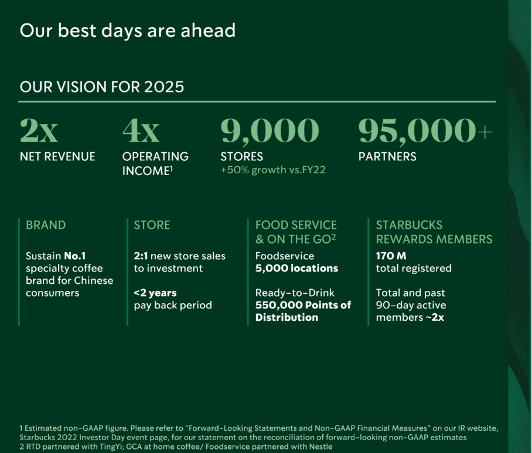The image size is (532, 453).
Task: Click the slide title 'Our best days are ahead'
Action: pos(128,31)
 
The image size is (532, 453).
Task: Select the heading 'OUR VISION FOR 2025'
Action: pos(102,87)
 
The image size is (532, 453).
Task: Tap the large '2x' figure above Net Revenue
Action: pos(39,131)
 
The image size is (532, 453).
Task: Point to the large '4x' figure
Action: pos(141,131)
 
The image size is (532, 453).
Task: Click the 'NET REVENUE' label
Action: pos(57,156)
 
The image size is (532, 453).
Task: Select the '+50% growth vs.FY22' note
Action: pos(273,170)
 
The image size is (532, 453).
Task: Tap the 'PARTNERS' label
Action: pos(387,156)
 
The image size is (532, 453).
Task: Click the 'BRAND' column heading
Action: pos(46,225)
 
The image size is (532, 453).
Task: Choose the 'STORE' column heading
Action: pos(152,225)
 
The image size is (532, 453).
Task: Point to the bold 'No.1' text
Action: pos(74,256)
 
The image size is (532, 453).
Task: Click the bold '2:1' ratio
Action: pos(141,256)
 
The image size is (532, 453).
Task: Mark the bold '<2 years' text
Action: pos(155,293)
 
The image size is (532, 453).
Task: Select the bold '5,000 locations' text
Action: pos(297,268)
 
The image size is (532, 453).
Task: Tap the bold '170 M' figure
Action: pos(391,256)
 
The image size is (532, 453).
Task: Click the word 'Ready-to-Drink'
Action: pos(295,293)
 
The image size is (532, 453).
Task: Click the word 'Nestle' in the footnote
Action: pos(321,447)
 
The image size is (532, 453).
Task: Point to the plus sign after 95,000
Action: pos(485,132)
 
